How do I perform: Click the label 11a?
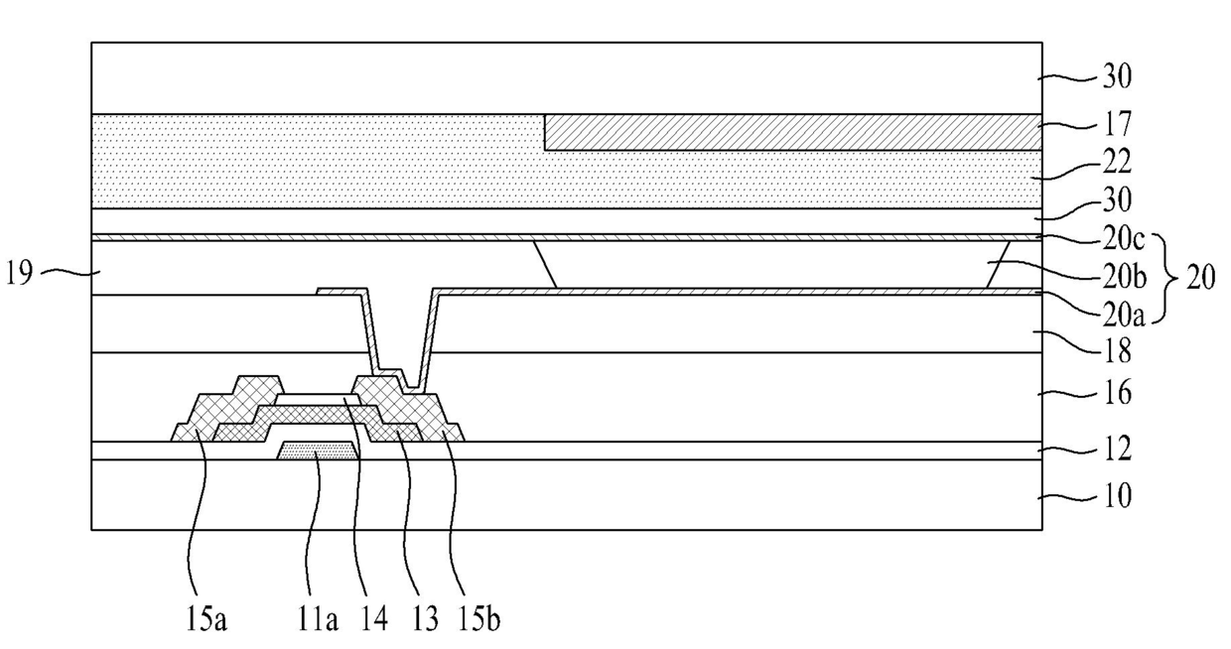tap(320, 620)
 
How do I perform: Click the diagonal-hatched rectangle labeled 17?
tap(792, 132)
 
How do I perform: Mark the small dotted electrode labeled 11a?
tap(317, 452)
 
